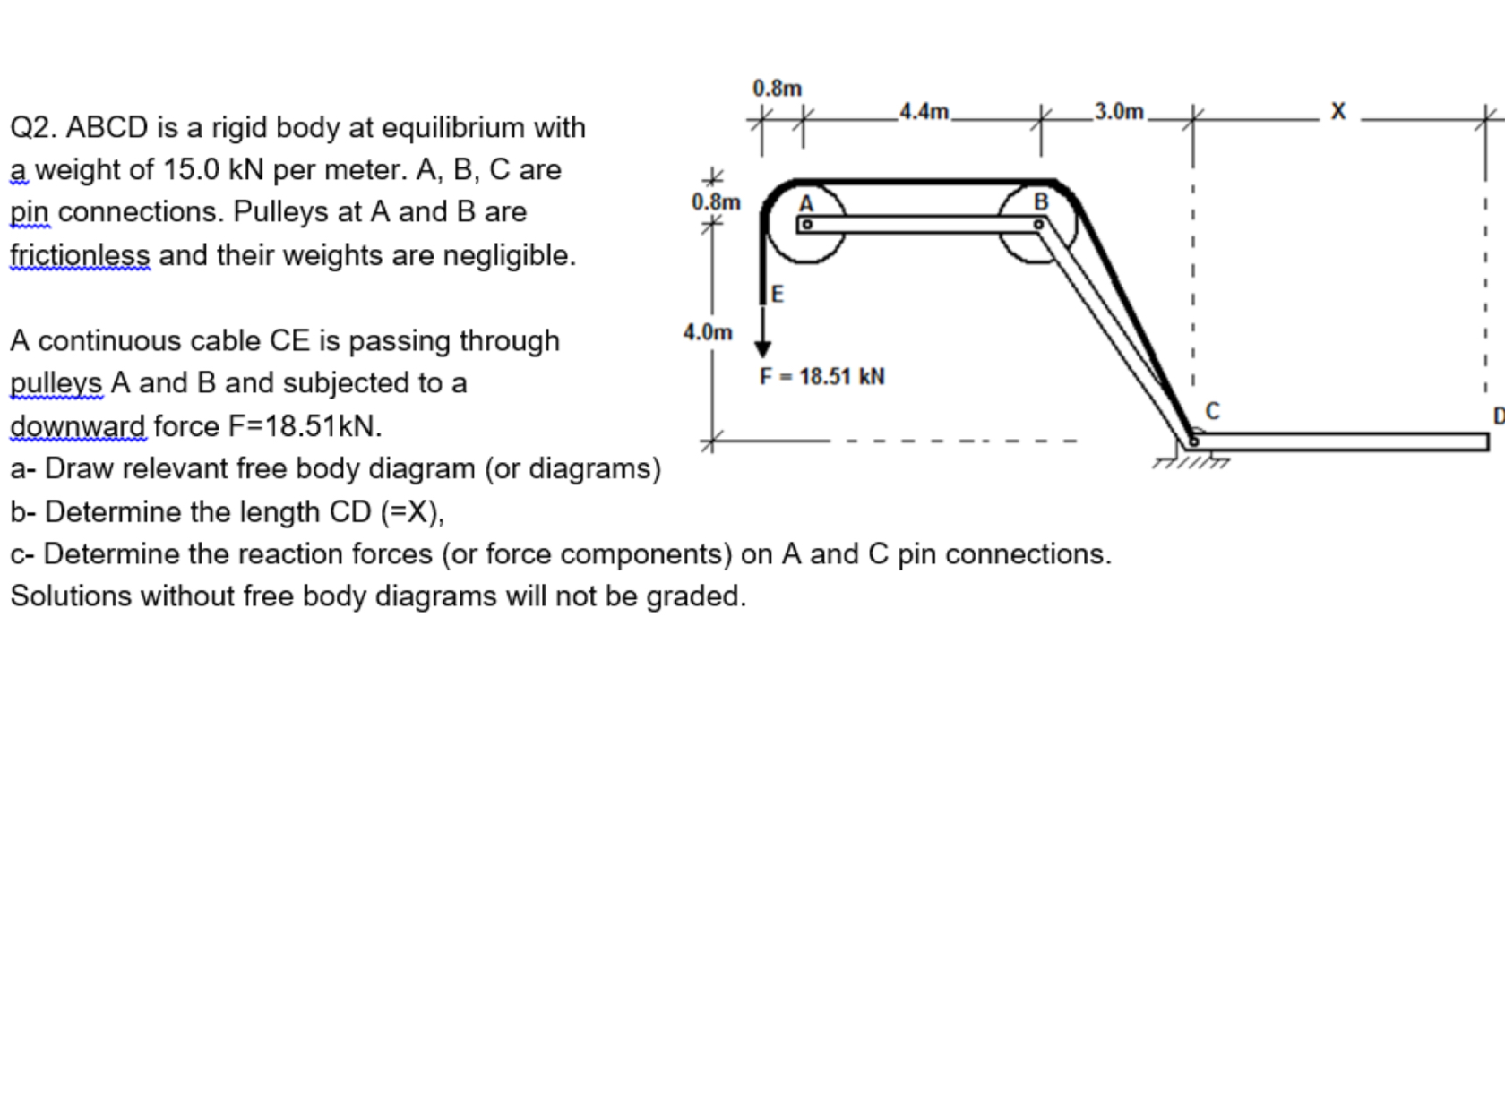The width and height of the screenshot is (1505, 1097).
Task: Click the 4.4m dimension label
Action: coord(924,112)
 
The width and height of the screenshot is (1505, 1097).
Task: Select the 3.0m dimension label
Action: coord(1119,112)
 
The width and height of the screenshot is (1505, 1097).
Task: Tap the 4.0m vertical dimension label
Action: coord(708,332)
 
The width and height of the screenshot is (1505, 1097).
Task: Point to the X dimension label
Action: coord(1338,112)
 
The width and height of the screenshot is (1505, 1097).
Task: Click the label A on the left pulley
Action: coord(806,203)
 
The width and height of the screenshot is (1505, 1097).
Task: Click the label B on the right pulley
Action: coord(1041,202)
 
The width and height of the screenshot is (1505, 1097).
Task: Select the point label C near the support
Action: coord(1213,411)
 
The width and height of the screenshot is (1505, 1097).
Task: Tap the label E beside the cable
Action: coord(778,294)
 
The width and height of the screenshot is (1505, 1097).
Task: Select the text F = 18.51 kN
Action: coord(822,376)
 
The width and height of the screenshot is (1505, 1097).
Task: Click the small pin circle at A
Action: coord(806,225)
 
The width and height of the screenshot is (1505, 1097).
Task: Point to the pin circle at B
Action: coord(1038,225)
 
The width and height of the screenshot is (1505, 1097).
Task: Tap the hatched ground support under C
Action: coord(1191,461)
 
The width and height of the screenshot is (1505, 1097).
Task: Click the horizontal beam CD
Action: coord(1344,441)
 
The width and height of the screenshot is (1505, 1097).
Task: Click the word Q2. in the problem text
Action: coord(34,128)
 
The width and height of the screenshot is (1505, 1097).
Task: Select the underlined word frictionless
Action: coord(80,256)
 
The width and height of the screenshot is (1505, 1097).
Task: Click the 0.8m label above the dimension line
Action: coord(777,89)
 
